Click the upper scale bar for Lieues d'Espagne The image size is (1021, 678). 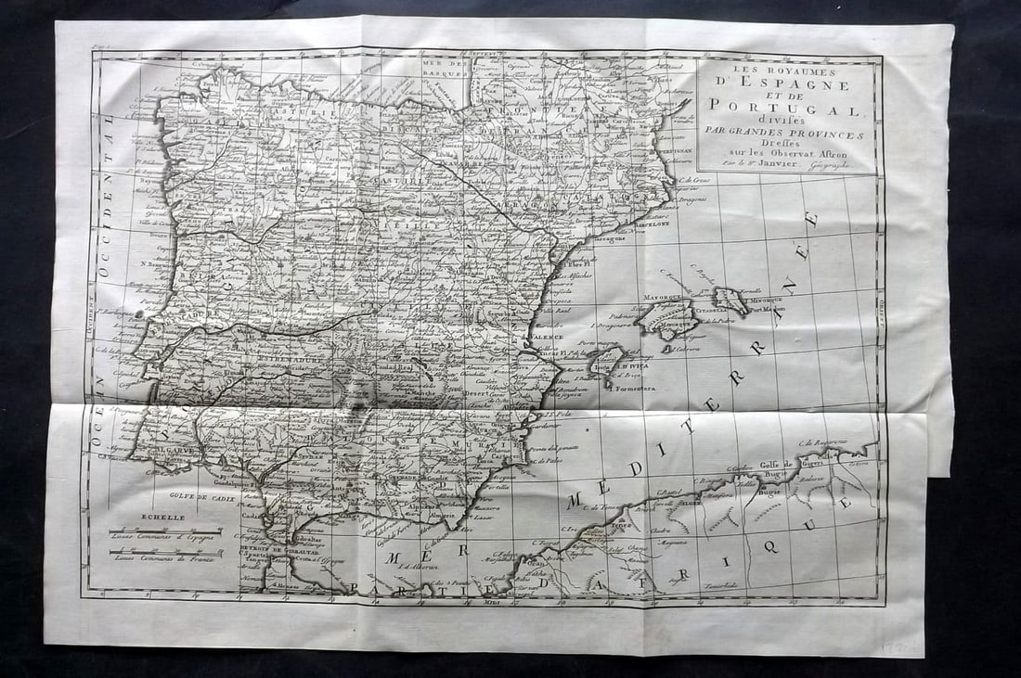153,531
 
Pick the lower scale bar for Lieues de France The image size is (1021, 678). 153,553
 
